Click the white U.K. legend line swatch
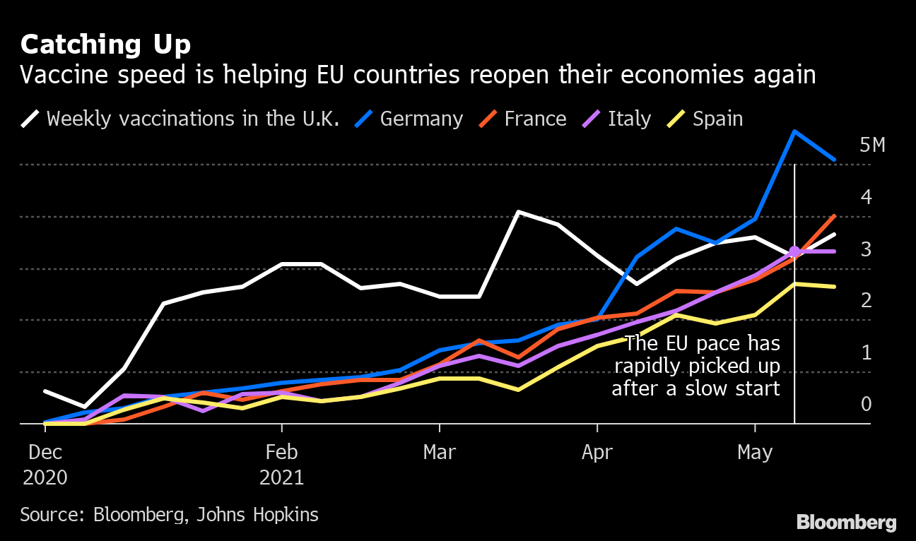point(31,119)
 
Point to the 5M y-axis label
point(872,146)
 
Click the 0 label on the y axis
point(866,405)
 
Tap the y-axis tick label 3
point(866,249)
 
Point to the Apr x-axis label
point(597,453)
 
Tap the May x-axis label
point(755,453)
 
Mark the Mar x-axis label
point(440,453)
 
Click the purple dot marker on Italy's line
point(794,251)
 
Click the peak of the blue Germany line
point(794,131)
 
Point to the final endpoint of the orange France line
point(834,216)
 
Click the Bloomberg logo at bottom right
point(846,523)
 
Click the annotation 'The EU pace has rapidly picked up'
point(696,355)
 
